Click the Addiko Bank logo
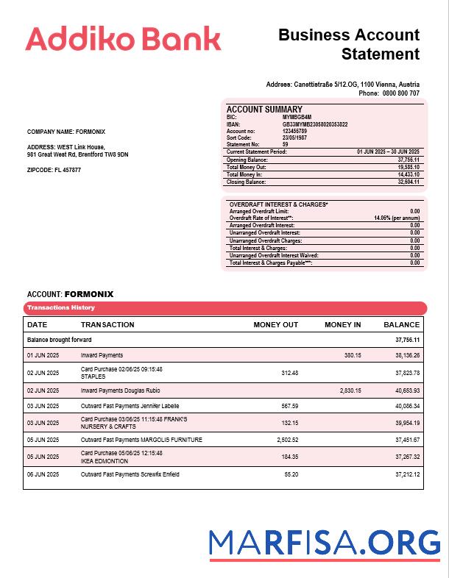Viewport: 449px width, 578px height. point(123,38)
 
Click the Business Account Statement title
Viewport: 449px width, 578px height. point(349,44)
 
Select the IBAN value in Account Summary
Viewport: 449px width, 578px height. point(315,124)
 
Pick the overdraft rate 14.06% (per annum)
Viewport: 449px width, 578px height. point(397,218)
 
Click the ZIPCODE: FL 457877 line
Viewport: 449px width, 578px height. point(54,170)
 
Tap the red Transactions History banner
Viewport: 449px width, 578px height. point(224,307)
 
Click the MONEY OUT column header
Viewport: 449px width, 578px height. point(275,324)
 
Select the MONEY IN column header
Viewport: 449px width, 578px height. point(342,324)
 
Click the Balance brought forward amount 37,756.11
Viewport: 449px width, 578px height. point(407,340)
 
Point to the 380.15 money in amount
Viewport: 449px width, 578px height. point(353,355)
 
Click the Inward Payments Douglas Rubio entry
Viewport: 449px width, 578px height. point(120,390)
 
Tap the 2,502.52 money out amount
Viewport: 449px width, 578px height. point(284,440)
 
